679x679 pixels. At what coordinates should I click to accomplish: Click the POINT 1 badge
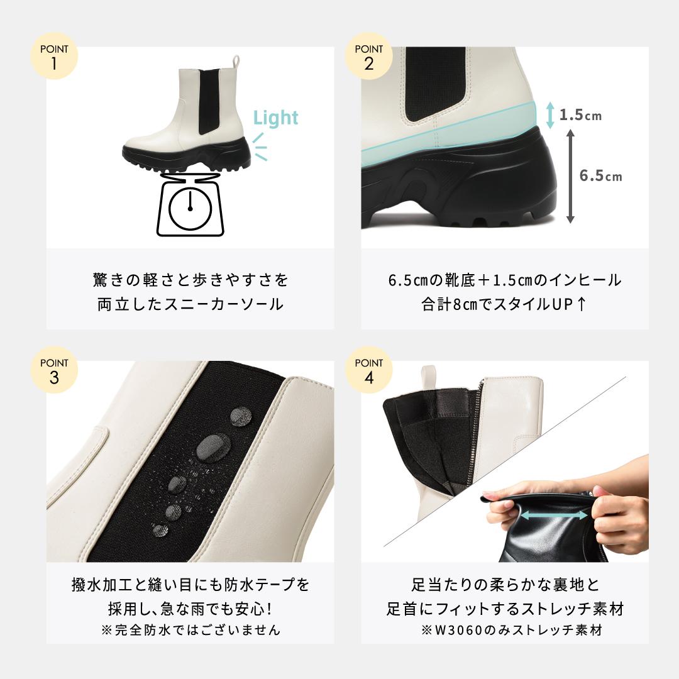coord(54,57)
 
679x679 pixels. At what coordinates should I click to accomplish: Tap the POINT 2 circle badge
coord(368,57)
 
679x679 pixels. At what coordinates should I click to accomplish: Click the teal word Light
coord(275,118)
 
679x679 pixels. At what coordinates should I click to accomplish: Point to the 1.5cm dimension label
coord(580,115)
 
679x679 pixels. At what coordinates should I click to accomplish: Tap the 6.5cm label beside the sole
coord(600,176)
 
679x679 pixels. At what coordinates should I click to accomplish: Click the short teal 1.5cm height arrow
coord(550,116)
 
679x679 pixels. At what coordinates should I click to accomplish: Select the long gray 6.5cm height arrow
coord(570,175)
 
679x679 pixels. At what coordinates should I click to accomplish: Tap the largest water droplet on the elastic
coord(212,447)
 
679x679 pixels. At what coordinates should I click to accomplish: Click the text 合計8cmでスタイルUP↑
coord(504,304)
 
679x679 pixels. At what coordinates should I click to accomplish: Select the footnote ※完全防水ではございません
coord(190,629)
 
